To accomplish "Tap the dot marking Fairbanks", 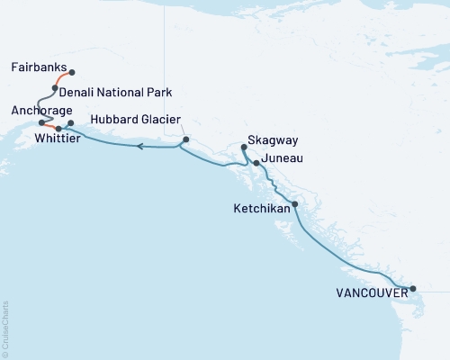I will pos(72,73).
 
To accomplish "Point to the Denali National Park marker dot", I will pos(55,88).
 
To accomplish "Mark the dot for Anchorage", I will pos(41,122).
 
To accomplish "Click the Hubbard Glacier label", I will pos(135,120).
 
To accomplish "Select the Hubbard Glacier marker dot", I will pos(186,140).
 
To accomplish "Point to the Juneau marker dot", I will pos(256,163).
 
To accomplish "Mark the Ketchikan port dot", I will pos(295,204).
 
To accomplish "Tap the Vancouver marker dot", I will pos(413,289).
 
